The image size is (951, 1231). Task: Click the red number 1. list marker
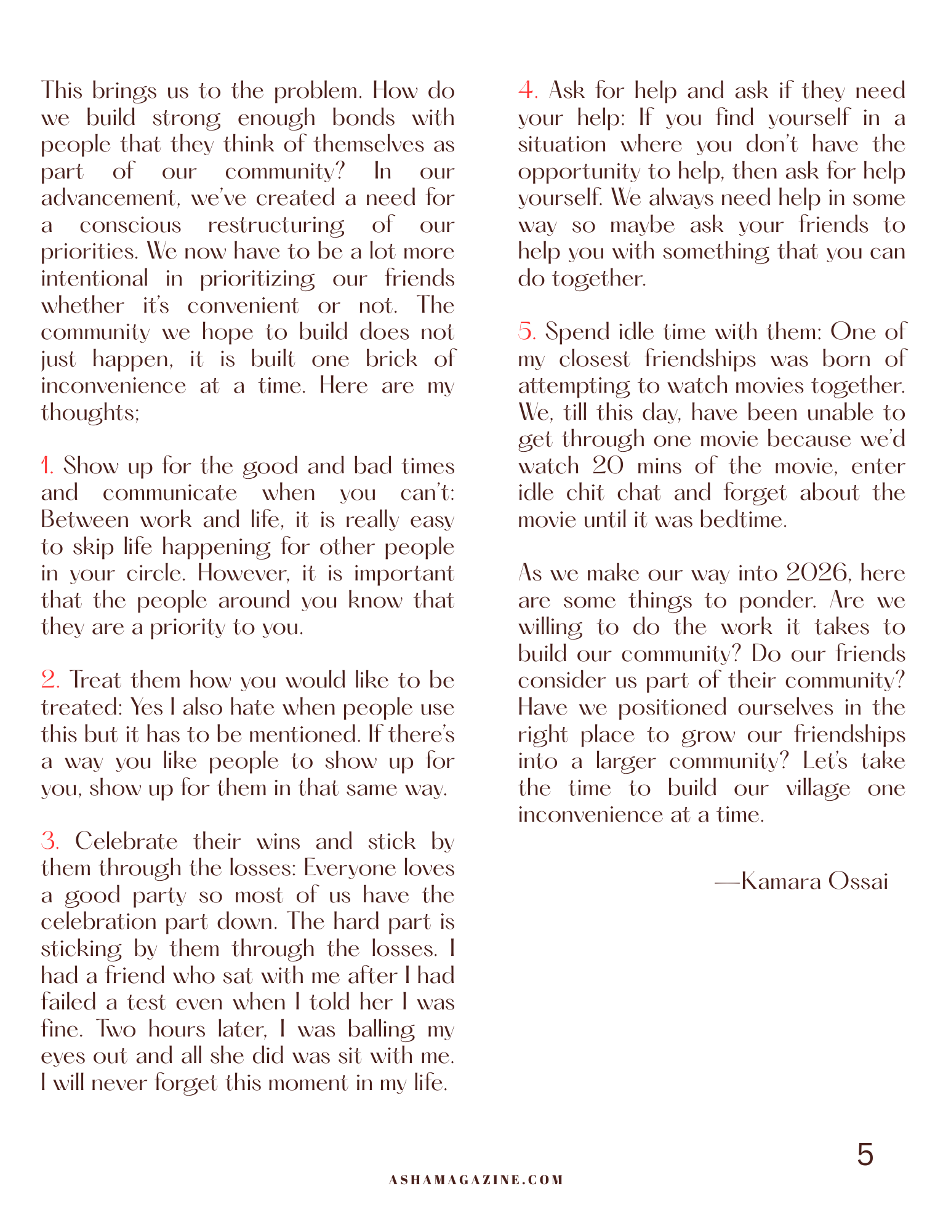coord(47,466)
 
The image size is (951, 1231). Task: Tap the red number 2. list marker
coord(50,680)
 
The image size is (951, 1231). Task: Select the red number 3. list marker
coord(50,841)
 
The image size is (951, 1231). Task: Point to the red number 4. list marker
coord(528,90)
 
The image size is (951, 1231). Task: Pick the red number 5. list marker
coord(527,332)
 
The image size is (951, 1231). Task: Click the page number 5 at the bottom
coord(865,1155)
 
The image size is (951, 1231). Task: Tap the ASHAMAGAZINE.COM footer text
coord(476,1180)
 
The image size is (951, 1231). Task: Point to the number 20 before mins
coord(608,466)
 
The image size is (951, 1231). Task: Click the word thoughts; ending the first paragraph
coord(90,412)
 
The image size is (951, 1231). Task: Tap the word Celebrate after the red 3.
coord(127,841)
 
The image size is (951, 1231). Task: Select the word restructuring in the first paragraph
coord(276,225)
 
